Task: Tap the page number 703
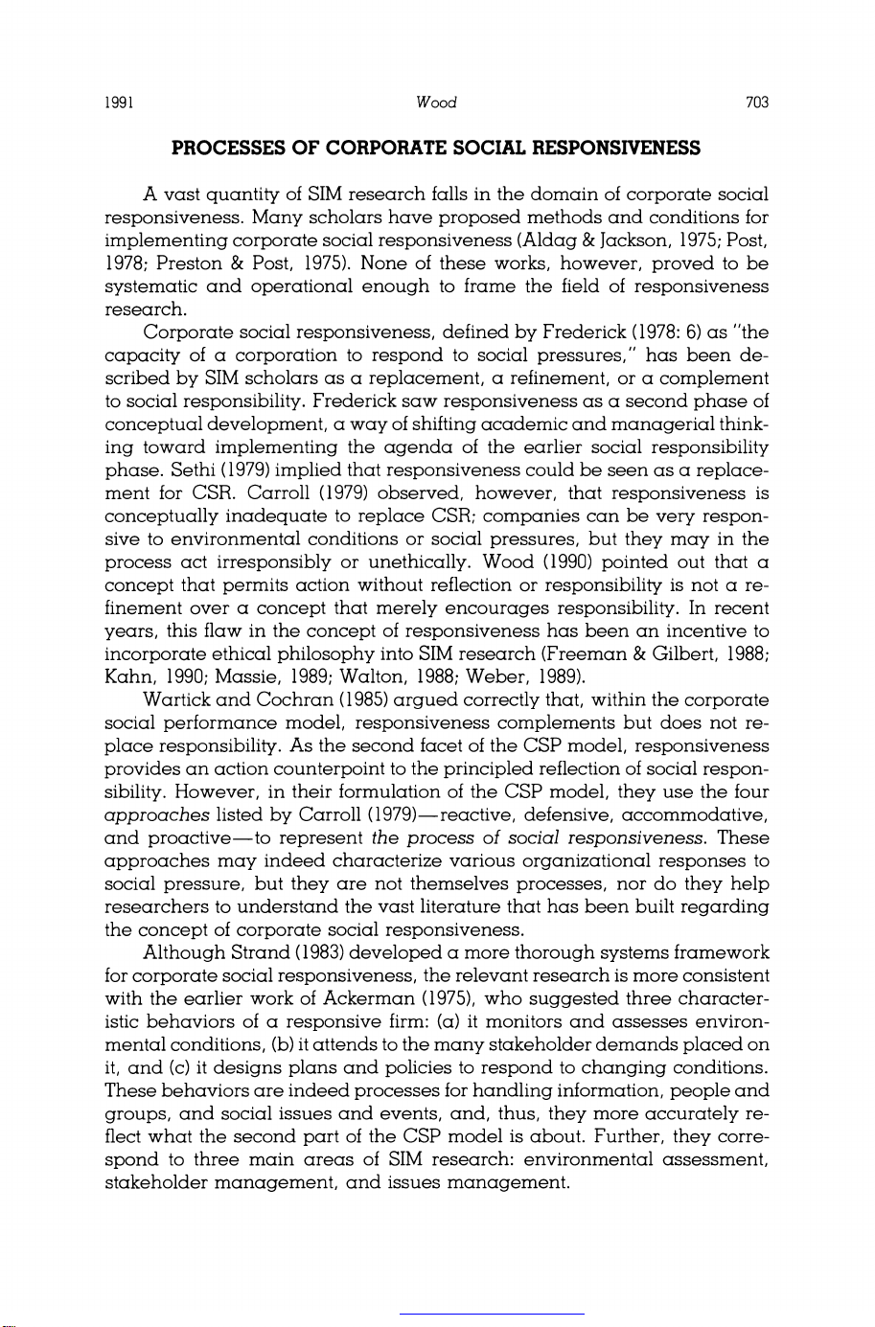pyautogui.click(x=757, y=103)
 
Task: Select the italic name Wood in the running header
pyautogui.click(x=437, y=103)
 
